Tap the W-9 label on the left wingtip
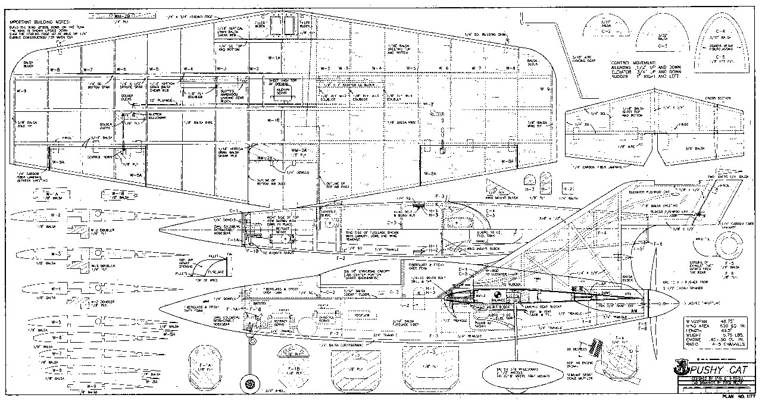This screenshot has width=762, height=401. (21, 91)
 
